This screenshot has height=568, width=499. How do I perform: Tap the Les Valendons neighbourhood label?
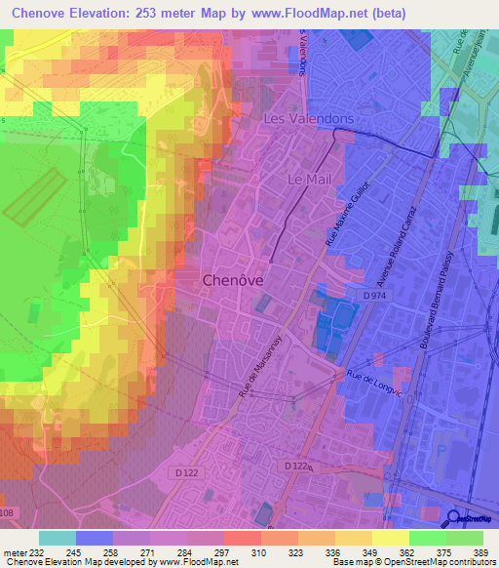click(309, 118)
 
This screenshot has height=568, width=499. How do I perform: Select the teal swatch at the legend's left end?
click(57, 538)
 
